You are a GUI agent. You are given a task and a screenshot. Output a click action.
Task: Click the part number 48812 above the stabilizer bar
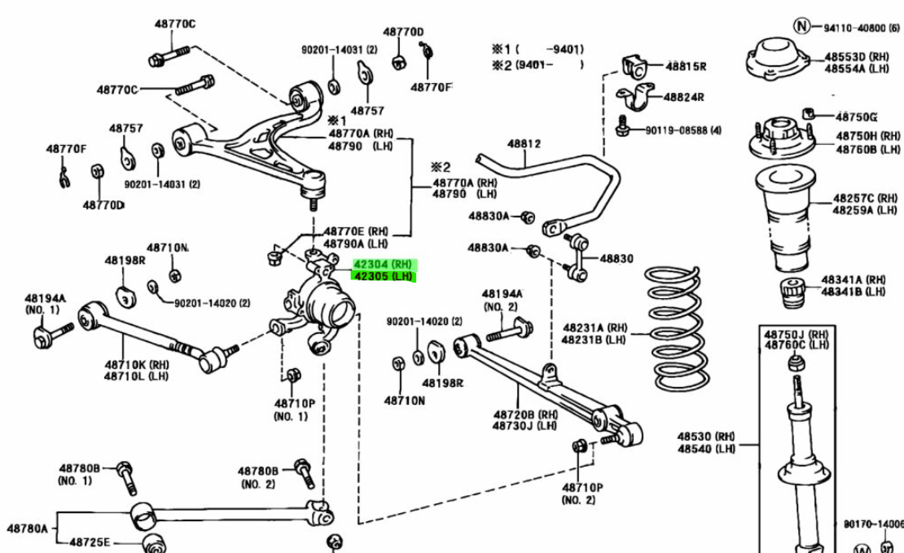[524, 144]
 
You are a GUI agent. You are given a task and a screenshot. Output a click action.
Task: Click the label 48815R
[685, 66]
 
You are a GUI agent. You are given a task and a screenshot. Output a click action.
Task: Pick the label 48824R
[683, 97]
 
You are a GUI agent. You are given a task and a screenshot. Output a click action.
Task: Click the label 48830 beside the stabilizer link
[617, 258]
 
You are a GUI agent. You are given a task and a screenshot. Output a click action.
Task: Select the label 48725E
[90, 542]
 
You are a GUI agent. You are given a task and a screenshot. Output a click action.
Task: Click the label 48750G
[856, 116]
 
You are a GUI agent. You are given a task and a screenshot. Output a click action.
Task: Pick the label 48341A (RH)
[853, 279]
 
